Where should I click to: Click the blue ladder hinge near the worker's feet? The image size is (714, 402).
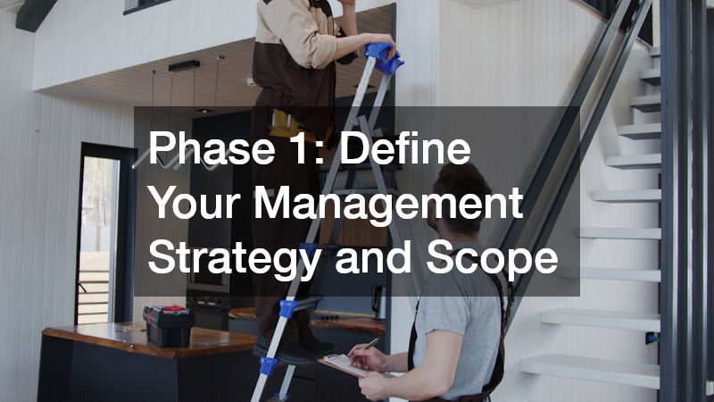click(x=287, y=308)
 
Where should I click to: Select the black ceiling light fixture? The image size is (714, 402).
click(x=184, y=66)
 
